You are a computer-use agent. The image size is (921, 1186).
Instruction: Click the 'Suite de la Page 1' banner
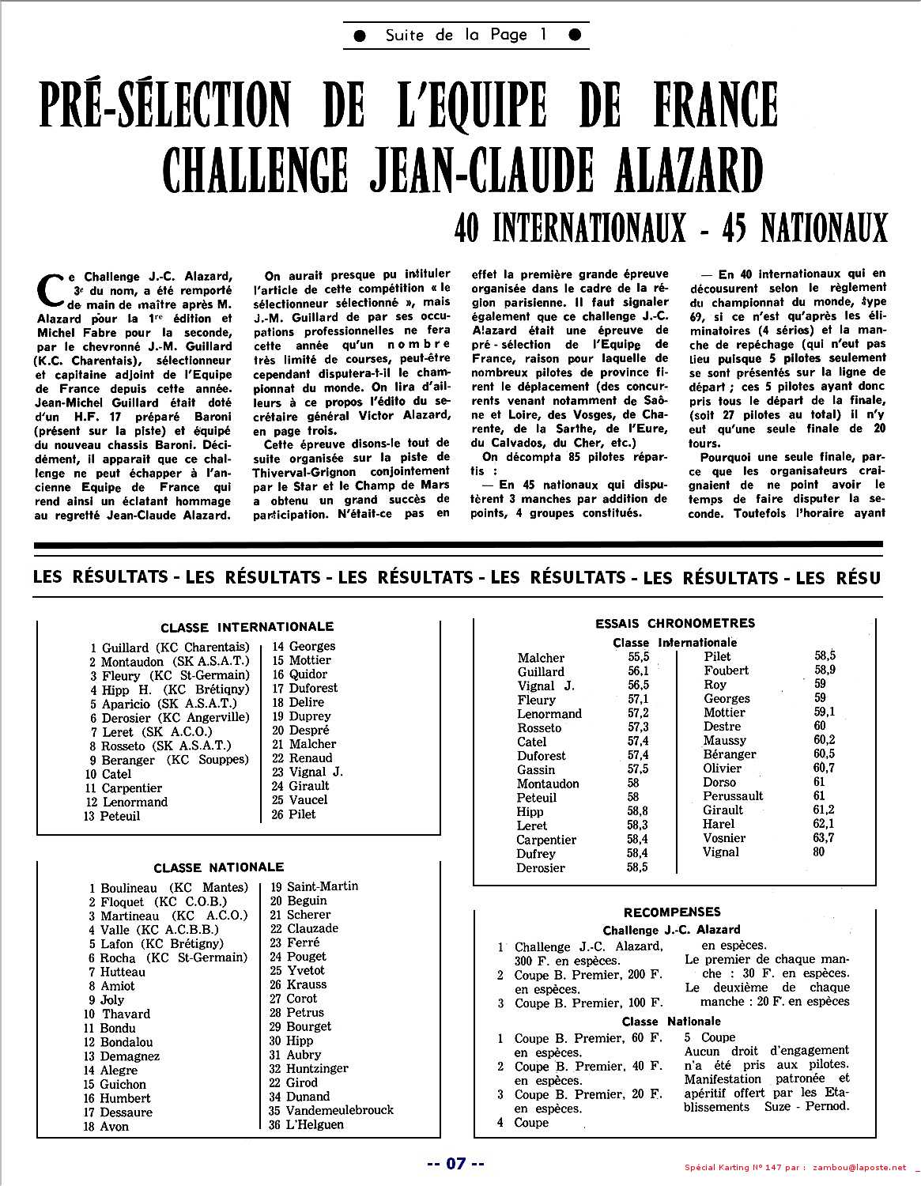pyautogui.click(x=466, y=36)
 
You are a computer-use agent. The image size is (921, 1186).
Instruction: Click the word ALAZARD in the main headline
pyautogui.click(x=681, y=168)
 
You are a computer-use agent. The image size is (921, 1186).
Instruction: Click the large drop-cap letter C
pyautogui.click(x=51, y=290)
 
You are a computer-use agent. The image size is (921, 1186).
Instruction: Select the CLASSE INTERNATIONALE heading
pyautogui.click(x=247, y=627)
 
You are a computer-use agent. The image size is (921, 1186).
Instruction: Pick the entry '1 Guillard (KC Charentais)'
pyautogui.click(x=170, y=648)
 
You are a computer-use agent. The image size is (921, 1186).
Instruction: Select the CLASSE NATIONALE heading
pyautogui.click(x=218, y=867)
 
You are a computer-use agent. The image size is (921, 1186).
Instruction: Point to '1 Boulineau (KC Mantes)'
pyautogui.click(x=168, y=888)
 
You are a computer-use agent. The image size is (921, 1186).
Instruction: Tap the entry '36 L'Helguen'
pyautogui.click(x=306, y=1124)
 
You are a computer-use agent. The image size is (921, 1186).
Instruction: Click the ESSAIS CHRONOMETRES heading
pyautogui.click(x=675, y=623)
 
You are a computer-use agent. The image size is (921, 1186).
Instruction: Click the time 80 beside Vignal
pyautogui.click(x=819, y=852)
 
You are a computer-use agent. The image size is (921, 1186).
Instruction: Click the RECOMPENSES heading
pyautogui.click(x=672, y=912)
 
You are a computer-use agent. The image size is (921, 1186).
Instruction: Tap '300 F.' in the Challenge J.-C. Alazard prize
pyautogui.click(x=530, y=961)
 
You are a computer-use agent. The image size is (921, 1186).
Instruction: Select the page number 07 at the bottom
pyautogui.click(x=455, y=1163)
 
